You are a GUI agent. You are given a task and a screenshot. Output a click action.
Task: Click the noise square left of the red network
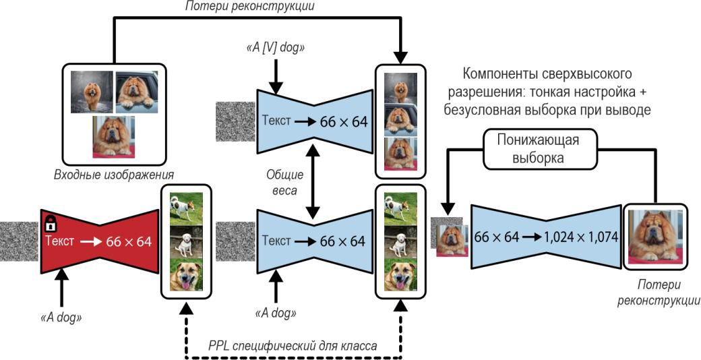[20, 239]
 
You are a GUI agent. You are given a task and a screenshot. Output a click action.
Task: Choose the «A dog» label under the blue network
[276, 313]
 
